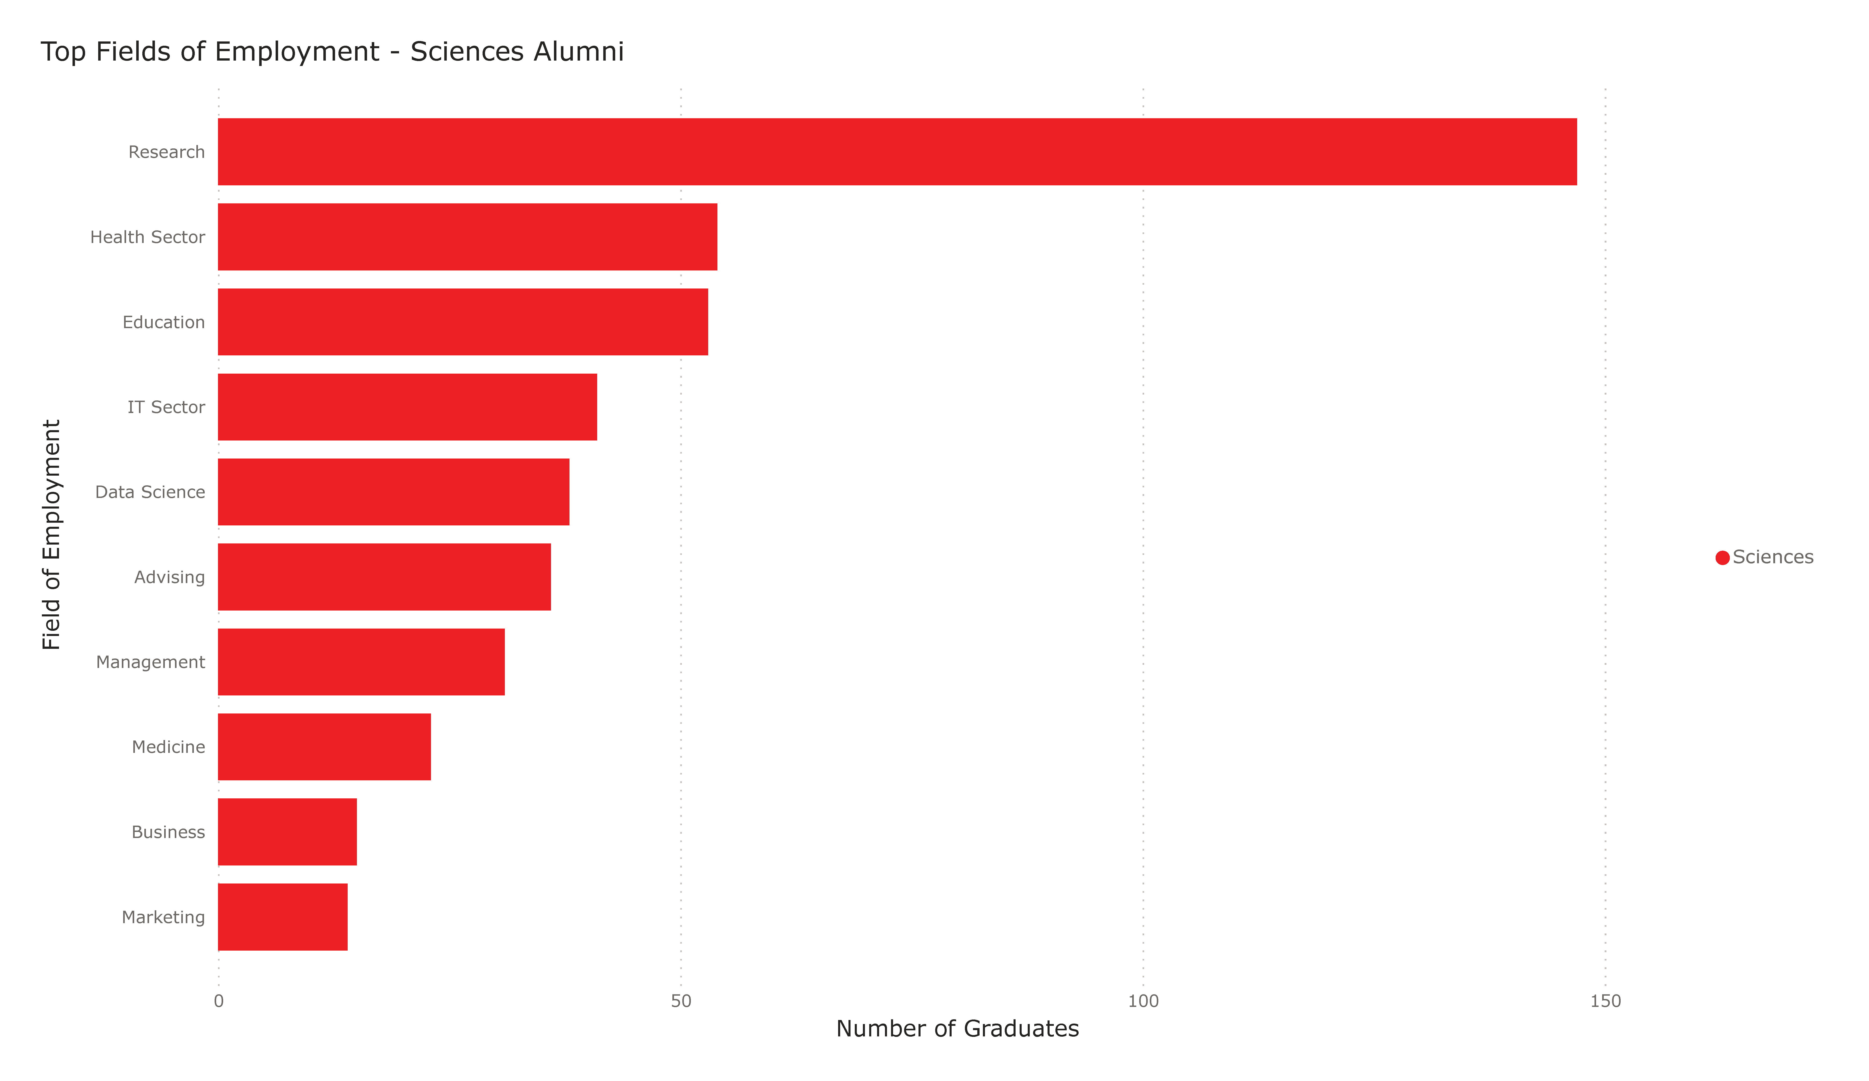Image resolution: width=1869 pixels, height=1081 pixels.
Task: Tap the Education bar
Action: [463, 322]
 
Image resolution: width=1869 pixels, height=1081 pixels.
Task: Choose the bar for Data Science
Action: [393, 492]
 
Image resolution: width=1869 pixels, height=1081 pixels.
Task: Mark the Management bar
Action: [361, 662]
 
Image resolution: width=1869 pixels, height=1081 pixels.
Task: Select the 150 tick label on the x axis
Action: [1605, 1001]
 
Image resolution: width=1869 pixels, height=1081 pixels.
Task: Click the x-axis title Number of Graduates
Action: [957, 1028]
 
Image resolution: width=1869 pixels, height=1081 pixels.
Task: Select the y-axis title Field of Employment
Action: [51, 534]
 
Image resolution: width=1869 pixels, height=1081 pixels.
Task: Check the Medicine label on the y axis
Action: [168, 747]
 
